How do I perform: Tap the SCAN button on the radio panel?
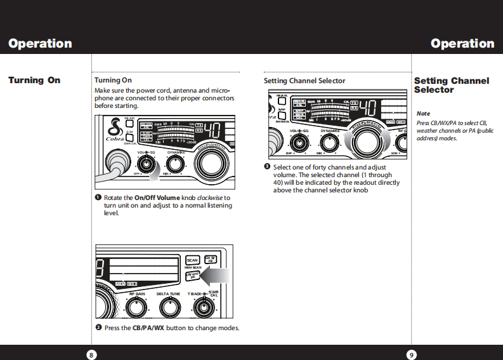(x=192, y=260)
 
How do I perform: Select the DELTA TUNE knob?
(x=168, y=307)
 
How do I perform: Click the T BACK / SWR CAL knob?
(x=203, y=307)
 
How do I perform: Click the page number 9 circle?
(x=412, y=354)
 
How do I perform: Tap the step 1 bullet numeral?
(x=98, y=198)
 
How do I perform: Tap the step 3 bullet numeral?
(x=268, y=167)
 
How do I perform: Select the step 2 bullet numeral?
(x=98, y=328)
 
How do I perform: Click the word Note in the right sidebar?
(x=422, y=114)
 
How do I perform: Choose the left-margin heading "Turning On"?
(x=34, y=81)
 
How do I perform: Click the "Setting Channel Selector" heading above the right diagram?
(x=304, y=81)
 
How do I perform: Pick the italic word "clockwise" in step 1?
(x=210, y=198)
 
